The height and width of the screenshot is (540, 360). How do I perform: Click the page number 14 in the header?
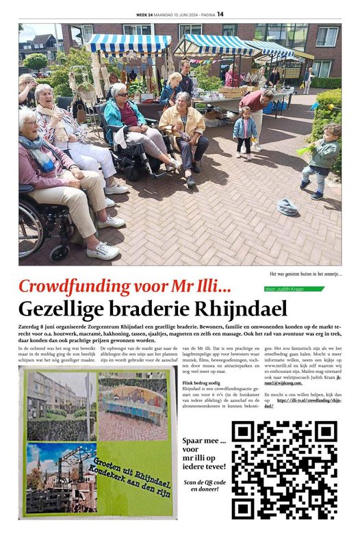point(220,13)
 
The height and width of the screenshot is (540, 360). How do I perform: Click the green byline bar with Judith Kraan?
point(294,289)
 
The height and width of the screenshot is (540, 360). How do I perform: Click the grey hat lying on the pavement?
point(287,206)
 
